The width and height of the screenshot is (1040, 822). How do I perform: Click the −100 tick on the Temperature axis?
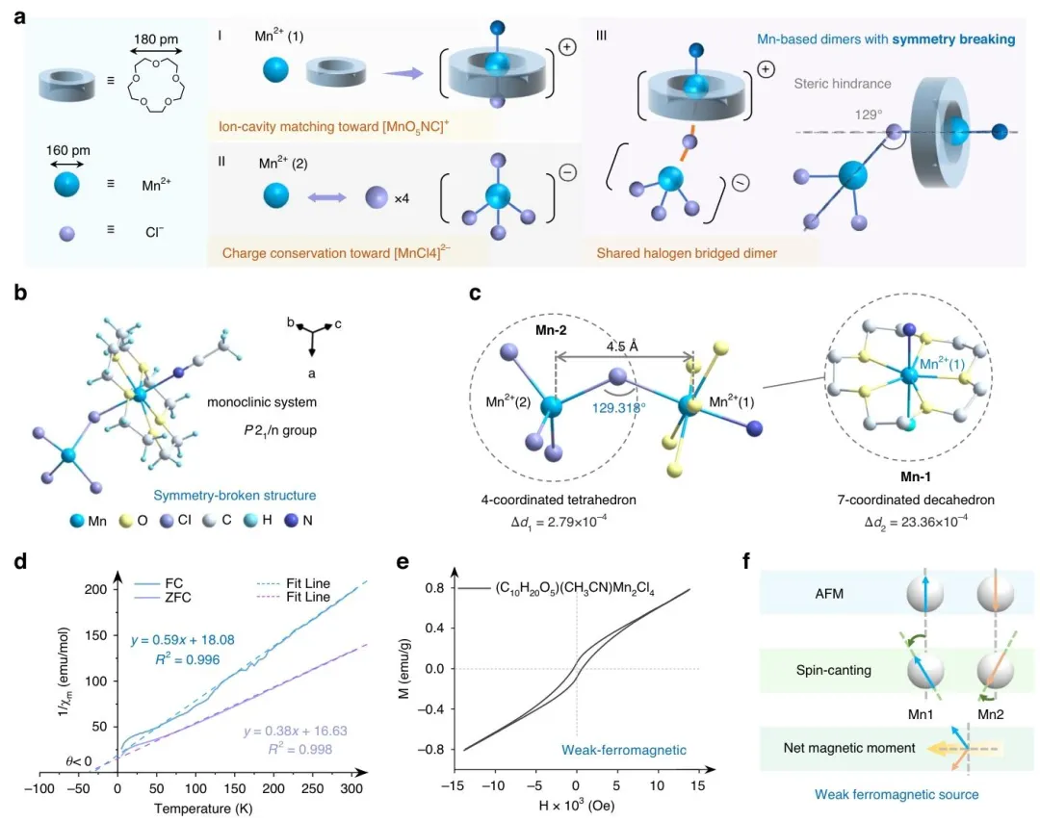39,789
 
